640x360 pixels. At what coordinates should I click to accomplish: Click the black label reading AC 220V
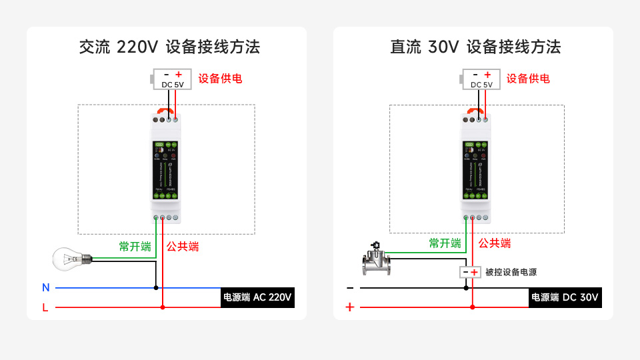[x=257, y=297]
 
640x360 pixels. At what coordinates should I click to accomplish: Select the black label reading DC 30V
[x=565, y=297]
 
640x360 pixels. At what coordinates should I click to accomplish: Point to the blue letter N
[x=46, y=288]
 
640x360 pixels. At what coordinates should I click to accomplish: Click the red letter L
[x=45, y=307]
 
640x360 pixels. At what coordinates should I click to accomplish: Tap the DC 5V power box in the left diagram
[x=172, y=79]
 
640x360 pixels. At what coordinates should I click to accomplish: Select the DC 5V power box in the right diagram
[x=481, y=79]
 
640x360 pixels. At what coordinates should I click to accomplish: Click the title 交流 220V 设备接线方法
[x=169, y=47]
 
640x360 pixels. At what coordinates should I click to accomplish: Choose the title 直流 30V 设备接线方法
[x=475, y=47]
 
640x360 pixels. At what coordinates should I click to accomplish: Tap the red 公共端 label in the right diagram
[x=495, y=243]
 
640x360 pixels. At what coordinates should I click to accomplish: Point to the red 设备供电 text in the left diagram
[x=220, y=79]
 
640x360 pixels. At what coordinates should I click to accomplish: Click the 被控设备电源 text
[x=511, y=272]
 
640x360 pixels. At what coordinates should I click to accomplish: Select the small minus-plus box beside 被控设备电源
[x=470, y=272]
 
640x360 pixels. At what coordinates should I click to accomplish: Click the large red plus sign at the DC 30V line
[x=349, y=307]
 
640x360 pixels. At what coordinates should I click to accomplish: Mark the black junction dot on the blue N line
[x=156, y=288]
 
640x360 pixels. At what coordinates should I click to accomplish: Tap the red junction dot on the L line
[x=163, y=307]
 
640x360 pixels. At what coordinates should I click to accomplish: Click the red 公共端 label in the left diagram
[x=183, y=246]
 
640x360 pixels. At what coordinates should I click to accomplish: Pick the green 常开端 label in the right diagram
[x=445, y=243]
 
